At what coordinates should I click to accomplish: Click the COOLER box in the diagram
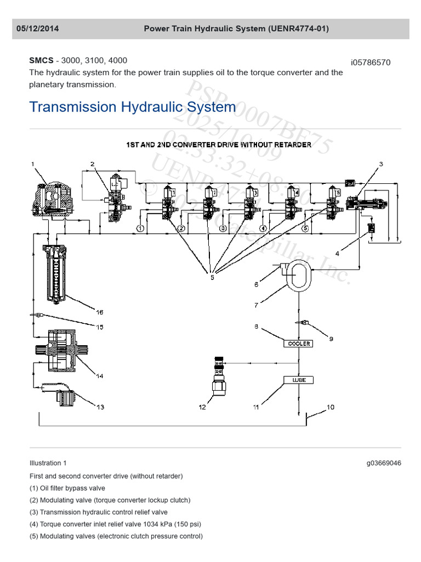point(298,344)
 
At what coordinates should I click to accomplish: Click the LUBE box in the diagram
point(298,380)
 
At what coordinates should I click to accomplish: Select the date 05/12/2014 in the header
point(37,29)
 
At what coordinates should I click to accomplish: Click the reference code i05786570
point(371,63)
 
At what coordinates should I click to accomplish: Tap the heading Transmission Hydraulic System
point(132,106)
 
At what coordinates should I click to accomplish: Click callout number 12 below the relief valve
point(202,407)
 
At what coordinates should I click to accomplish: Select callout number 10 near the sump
point(330,407)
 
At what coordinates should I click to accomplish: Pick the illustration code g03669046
point(384,463)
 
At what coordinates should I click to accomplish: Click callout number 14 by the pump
point(99,376)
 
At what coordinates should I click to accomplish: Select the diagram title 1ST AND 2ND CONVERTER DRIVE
point(219,145)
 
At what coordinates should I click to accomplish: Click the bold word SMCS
point(41,61)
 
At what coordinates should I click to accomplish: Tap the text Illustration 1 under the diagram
point(48,463)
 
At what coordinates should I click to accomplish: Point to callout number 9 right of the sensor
point(331,339)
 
